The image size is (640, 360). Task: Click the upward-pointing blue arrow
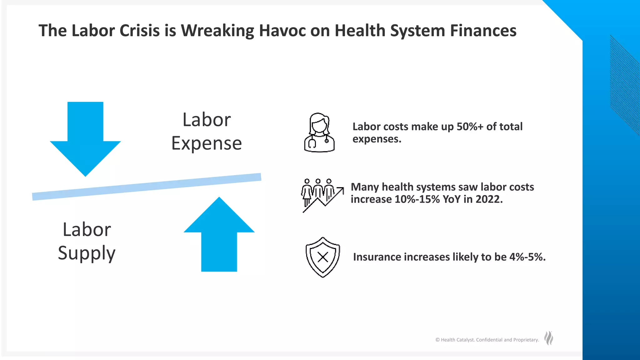coord(219,237)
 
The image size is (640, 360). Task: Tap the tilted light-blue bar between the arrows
coord(147,187)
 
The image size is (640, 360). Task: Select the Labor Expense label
coord(207,132)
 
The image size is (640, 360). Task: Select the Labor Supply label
coord(87,241)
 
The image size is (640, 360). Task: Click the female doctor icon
coord(319,133)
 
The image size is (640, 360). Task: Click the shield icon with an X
coord(322,257)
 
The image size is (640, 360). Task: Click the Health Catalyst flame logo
coord(549,338)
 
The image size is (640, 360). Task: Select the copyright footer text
coord(487,340)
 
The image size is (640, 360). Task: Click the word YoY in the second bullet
coord(452,199)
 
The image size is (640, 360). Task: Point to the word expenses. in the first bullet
coord(377,139)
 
